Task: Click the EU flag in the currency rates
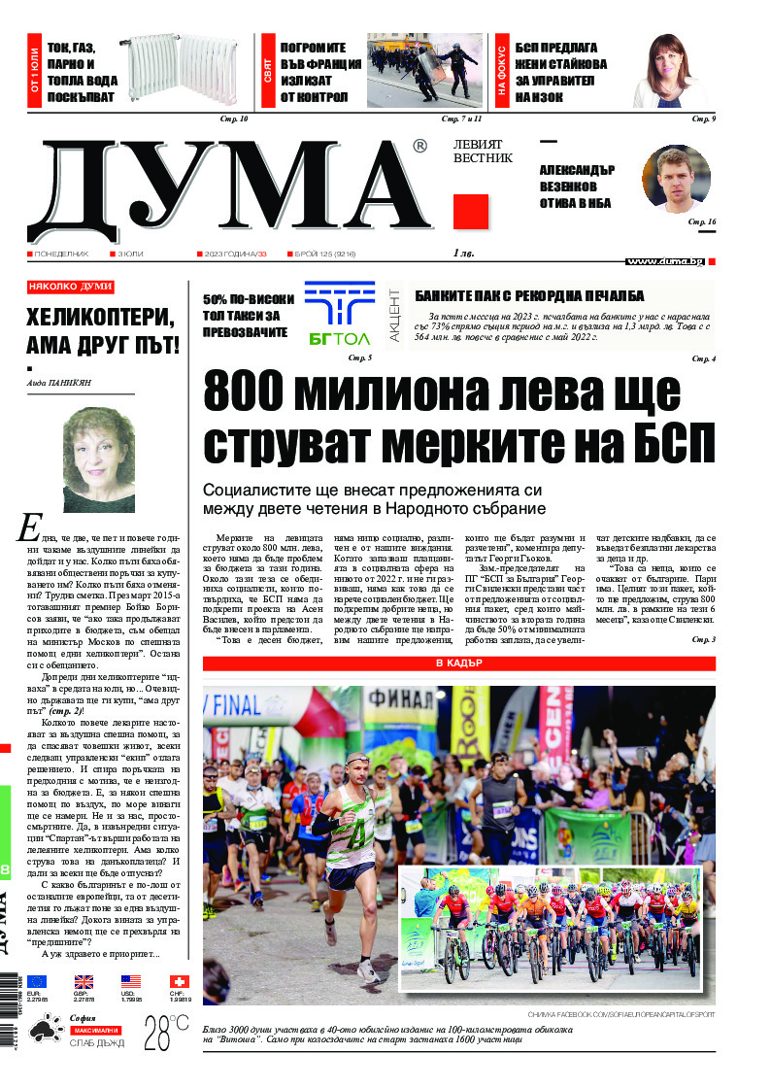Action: (37, 982)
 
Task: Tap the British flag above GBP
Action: (84, 982)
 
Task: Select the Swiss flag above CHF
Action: (179, 982)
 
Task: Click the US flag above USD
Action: (131, 982)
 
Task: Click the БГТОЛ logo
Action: (339, 314)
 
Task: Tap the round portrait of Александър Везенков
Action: (676, 178)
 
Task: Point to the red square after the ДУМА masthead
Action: (470, 212)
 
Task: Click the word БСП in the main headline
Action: (669, 443)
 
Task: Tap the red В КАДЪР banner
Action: (458, 663)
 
